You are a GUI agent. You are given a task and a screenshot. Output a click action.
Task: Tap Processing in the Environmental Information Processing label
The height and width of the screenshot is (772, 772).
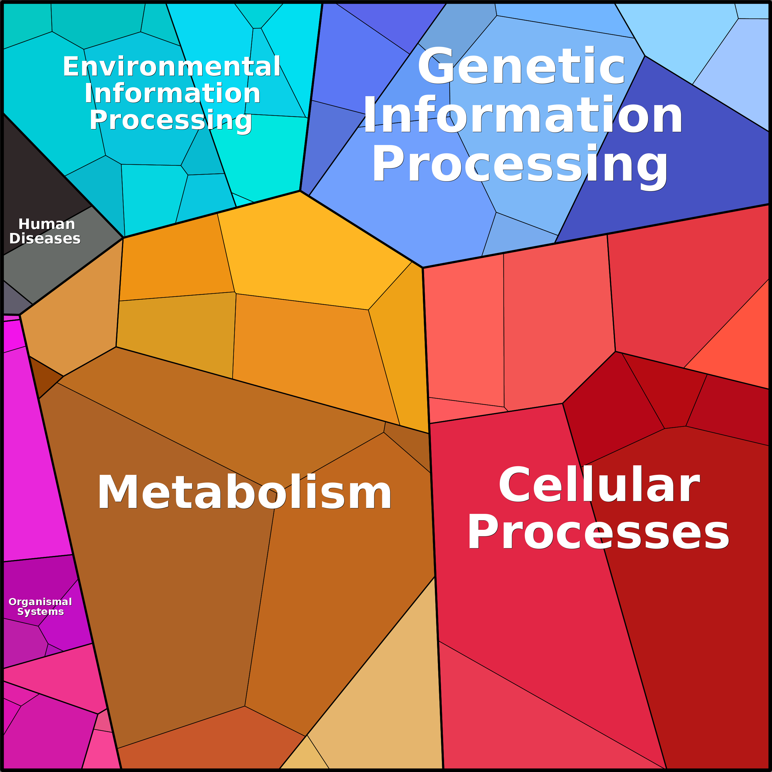coord(171,120)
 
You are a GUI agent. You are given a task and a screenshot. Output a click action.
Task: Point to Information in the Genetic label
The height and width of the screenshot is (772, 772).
coord(523,116)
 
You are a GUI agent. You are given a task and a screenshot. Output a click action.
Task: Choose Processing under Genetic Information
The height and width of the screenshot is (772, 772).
coord(520,164)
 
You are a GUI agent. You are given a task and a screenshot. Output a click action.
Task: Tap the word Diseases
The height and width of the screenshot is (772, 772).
coord(45,238)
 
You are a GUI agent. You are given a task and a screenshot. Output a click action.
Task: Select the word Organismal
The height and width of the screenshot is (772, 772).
coord(40,602)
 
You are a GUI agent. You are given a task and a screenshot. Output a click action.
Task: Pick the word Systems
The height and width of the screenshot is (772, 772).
coord(40,612)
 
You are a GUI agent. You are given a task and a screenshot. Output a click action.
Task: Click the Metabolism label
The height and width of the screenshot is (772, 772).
coord(245,492)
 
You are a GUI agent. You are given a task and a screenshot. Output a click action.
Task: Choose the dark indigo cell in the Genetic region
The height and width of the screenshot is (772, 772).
coord(679,160)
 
